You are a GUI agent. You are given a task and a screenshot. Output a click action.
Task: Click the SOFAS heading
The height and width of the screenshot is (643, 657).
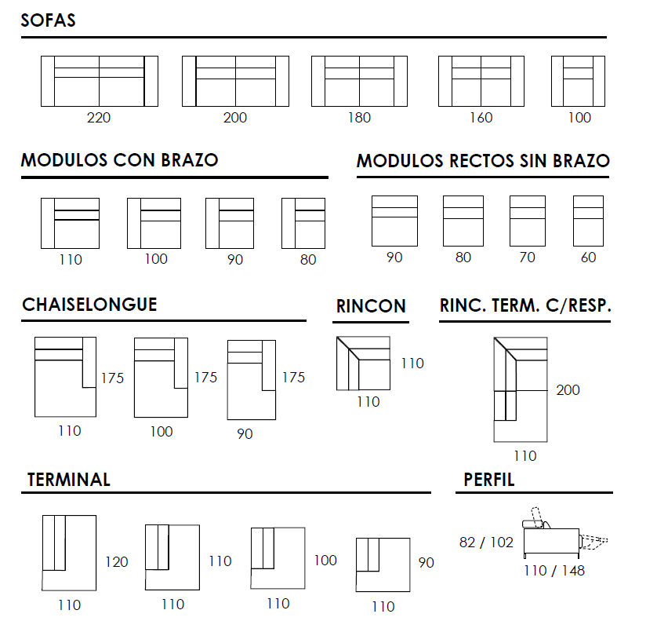[x=48, y=20]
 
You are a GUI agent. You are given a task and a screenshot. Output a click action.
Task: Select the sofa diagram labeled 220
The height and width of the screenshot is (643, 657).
[x=100, y=81]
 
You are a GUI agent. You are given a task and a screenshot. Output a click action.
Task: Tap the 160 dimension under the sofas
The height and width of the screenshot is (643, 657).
[x=481, y=118]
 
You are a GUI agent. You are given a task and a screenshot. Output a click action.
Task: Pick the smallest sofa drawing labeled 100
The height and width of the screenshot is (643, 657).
[x=579, y=81]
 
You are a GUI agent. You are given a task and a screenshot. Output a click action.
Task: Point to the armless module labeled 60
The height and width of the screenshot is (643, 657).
[x=588, y=221]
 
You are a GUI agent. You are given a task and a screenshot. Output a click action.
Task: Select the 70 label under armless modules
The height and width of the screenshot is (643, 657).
[x=527, y=257]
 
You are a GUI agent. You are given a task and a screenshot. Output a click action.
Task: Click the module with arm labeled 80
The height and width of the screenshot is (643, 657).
[x=303, y=223]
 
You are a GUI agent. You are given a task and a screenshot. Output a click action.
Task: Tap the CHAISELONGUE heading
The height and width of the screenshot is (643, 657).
[x=89, y=305]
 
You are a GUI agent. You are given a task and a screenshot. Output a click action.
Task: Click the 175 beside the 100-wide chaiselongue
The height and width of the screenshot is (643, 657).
[x=205, y=377]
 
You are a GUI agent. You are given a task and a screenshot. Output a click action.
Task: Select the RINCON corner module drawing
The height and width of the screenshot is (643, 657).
[x=363, y=364]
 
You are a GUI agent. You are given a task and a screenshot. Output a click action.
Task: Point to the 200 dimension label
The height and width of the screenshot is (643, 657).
[x=568, y=390]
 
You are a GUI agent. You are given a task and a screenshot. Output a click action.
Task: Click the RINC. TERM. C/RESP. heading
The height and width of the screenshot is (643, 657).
[x=525, y=305]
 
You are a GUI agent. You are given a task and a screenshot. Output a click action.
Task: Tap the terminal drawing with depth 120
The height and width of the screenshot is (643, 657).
[x=69, y=553]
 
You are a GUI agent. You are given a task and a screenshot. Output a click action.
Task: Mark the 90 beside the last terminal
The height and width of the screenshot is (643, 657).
[x=427, y=562]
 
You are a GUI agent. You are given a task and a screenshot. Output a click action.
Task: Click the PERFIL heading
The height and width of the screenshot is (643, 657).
[x=489, y=480]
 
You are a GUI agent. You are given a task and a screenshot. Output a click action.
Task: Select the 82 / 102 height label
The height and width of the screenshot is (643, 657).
[x=486, y=543]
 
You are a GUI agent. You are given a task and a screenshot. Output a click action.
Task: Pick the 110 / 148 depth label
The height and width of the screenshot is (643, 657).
[x=554, y=571]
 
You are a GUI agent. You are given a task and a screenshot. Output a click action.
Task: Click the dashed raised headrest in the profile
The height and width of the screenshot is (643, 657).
[x=537, y=517]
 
